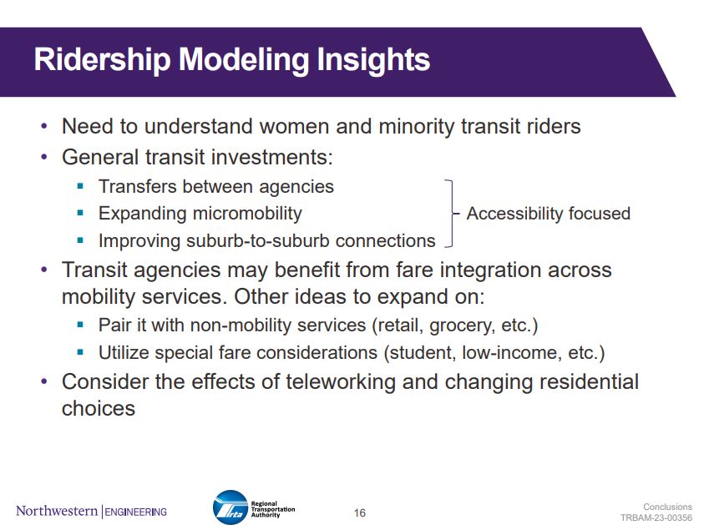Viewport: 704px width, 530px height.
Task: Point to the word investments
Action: [x=272, y=158]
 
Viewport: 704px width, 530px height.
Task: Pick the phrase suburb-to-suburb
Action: [x=258, y=241]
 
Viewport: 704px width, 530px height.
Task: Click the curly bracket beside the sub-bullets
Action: [x=451, y=214]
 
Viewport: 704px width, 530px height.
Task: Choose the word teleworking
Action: [x=341, y=382]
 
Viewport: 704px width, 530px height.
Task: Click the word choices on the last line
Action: [x=99, y=408]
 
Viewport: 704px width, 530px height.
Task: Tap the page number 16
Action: [x=360, y=512]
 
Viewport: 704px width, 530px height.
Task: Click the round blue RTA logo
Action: [x=230, y=507]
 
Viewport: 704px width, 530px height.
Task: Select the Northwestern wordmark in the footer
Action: [x=57, y=511]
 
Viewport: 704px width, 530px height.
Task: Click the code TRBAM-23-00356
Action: [x=656, y=517]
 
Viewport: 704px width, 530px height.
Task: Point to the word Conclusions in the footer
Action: [x=667, y=507]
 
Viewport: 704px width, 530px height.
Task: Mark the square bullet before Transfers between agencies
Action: [x=80, y=186]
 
